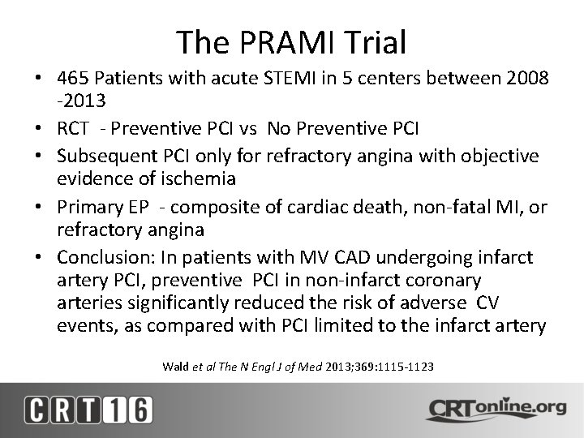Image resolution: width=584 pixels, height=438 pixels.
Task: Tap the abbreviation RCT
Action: click(74, 129)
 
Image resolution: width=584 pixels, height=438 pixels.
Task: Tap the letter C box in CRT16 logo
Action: click(39, 410)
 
